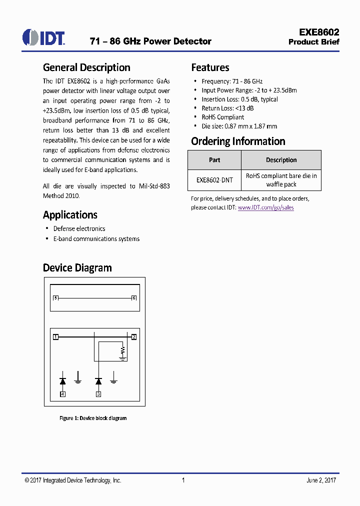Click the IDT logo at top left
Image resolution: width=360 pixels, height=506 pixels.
43,37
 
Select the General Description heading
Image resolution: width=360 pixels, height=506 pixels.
86,67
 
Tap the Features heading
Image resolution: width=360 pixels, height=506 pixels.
210,67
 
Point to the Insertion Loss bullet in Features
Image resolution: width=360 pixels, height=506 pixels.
239,99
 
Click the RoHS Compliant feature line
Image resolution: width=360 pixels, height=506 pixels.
222,117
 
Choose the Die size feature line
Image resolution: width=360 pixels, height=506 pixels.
239,126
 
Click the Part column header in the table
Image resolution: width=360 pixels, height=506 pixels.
214,160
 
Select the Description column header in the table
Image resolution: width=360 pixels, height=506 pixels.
281,160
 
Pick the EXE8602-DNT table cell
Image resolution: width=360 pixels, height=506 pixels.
214,180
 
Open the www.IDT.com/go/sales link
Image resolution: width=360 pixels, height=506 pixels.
265,207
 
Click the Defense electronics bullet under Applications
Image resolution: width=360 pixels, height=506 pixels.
79,228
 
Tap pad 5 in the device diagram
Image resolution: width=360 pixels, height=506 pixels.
55,298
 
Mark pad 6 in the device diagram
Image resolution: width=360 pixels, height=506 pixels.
133,298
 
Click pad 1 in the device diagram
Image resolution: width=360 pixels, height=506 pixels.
55,337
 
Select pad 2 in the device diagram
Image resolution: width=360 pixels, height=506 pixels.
133,337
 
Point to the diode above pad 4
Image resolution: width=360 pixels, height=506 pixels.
62,381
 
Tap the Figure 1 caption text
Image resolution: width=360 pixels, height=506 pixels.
93,418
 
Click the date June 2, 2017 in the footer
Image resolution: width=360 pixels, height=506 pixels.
321,480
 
